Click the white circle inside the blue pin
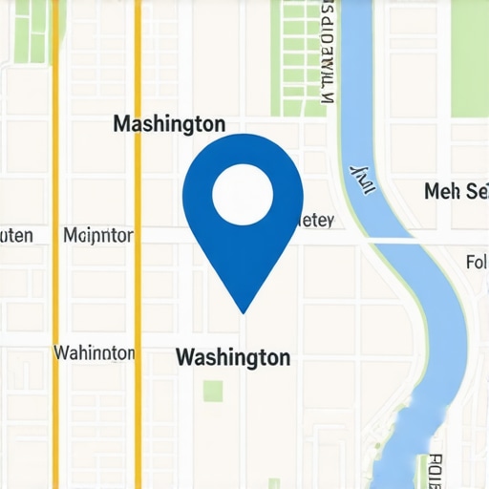[x=243, y=195]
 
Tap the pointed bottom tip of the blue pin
[x=244, y=312]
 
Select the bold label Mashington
[x=169, y=124]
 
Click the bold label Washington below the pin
[x=233, y=358]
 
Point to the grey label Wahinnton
[x=95, y=353]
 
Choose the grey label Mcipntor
[x=97, y=235]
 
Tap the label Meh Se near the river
[x=456, y=192]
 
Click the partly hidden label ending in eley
[x=314, y=222]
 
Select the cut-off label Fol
[x=476, y=261]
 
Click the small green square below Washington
[x=213, y=391]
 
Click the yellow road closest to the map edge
[x=54, y=287]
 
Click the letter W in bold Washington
[x=185, y=358]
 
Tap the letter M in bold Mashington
[x=121, y=124]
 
